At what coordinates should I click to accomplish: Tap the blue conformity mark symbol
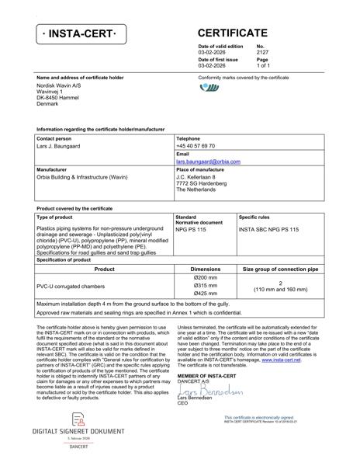coord(209,88)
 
